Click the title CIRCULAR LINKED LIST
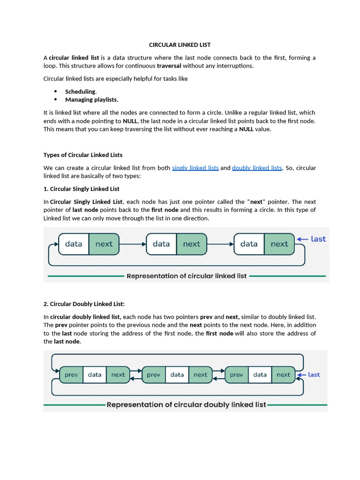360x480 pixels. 180,45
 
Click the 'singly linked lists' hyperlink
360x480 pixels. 195,168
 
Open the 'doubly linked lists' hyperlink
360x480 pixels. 257,168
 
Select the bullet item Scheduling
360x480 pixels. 81,91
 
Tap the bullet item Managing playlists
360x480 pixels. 91,99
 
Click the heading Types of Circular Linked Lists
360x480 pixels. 83,155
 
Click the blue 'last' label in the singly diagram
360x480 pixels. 318,239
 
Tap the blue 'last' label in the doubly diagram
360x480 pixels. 314,375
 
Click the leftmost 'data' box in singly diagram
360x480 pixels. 74,244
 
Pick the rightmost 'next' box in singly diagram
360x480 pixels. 279,244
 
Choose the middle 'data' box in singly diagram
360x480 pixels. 161,244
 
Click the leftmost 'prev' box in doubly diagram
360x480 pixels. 71,375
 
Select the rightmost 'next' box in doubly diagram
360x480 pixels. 283,375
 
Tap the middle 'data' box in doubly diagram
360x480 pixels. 177,375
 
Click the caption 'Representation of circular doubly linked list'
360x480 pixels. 186,405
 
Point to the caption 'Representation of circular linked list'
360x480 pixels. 187,276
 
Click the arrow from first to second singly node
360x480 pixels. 133,244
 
